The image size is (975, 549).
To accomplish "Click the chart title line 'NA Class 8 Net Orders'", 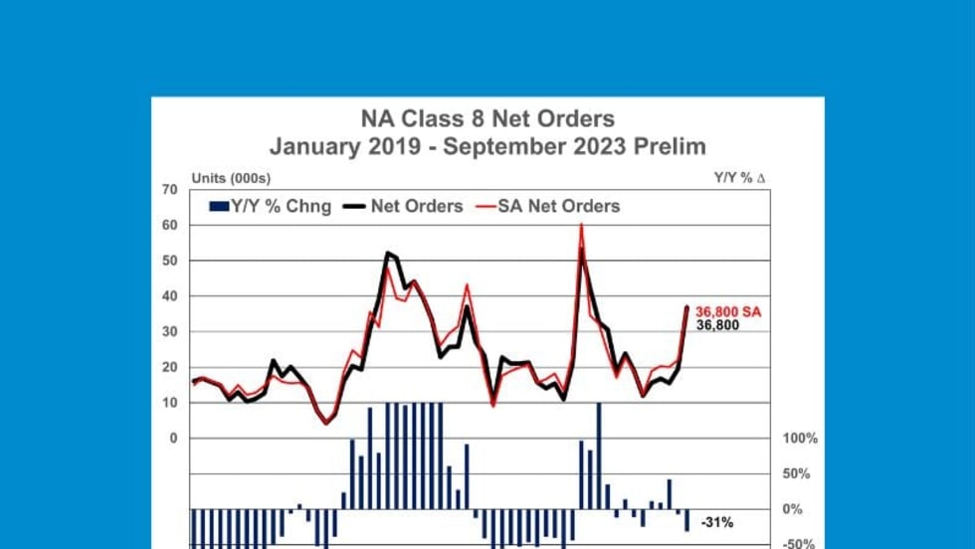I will (x=487, y=120).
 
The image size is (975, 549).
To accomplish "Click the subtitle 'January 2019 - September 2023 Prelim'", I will (x=487, y=146).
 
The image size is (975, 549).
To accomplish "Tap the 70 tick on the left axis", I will (x=169, y=189).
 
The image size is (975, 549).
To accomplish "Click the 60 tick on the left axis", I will (x=169, y=225).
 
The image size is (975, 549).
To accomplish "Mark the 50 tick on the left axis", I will (x=169, y=261).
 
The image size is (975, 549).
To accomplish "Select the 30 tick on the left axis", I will (x=169, y=331).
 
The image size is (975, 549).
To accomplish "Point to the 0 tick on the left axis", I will (x=173, y=438).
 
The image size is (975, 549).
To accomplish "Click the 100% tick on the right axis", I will (x=800, y=439).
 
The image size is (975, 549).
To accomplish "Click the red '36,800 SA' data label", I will (x=728, y=311).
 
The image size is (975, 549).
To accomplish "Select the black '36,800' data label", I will (x=717, y=324).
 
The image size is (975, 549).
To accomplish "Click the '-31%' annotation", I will (x=717, y=522).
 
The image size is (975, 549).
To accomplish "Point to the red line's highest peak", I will (x=581, y=226).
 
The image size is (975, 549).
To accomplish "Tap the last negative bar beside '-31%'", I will (x=686, y=520).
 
